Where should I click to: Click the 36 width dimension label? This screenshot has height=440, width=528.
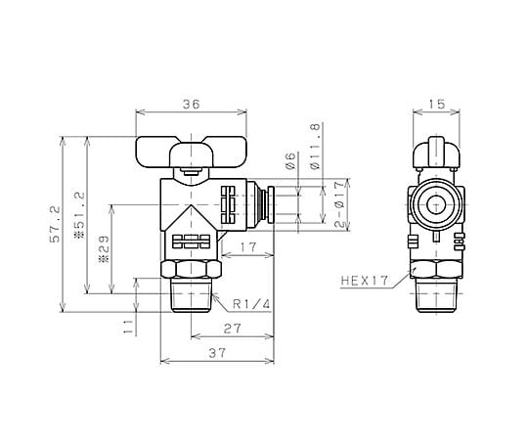point(192,105)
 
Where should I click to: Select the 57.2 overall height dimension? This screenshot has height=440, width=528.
point(55,224)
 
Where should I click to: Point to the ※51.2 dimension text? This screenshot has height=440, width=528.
point(79,215)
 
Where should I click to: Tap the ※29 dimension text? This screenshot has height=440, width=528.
point(104,248)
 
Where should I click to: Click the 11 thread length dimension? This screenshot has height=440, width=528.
point(128,327)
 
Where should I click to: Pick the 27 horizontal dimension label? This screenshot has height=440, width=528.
point(233,329)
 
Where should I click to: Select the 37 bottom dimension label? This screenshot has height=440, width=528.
point(217,354)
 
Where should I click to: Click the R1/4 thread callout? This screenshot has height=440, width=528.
point(251,305)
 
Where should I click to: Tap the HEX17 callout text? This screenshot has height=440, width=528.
point(365,281)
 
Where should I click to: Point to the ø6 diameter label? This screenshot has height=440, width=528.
point(290,161)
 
